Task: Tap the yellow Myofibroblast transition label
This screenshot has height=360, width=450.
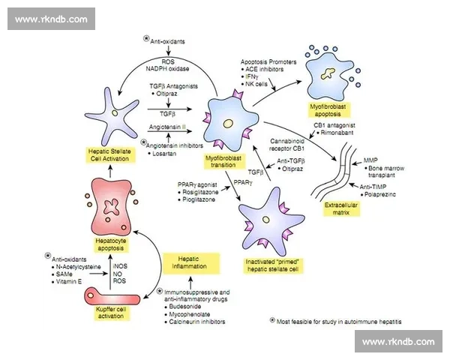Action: pyautogui.click(x=226, y=162)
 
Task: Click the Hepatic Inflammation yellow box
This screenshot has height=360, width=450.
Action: pyautogui.click(x=191, y=262)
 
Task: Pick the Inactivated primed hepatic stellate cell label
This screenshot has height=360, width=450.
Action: pyautogui.click(x=268, y=265)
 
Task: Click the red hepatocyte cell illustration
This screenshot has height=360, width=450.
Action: pyautogui.click(x=114, y=206)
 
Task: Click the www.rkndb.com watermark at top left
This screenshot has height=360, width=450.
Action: pyautogui.click(x=52, y=18)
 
